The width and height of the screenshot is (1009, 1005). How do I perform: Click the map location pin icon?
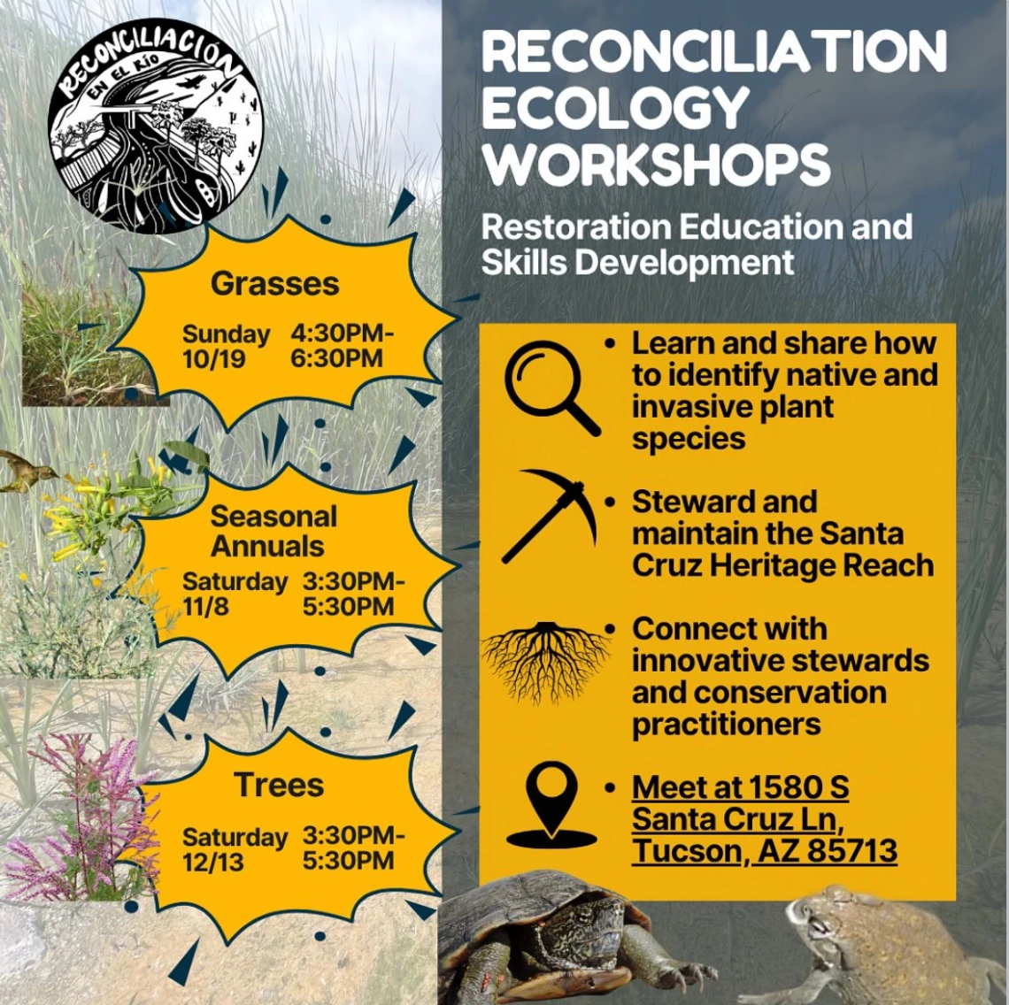click(551, 804)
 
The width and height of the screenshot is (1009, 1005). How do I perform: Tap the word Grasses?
click(274, 284)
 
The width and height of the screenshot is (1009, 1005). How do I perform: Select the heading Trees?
click(279, 785)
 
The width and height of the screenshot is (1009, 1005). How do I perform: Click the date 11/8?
click(205, 607)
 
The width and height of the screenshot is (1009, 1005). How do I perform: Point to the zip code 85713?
click(852, 850)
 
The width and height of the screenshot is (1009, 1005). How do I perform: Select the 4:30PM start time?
click(342, 334)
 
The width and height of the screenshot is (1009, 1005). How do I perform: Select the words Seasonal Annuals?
click(273, 532)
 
